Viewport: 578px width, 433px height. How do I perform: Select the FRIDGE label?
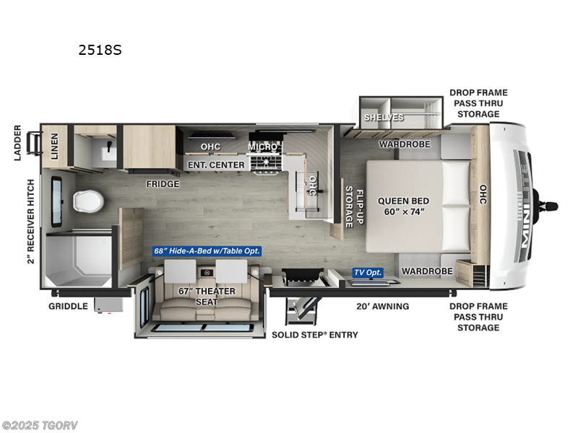point(163,183)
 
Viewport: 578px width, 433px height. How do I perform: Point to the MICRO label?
point(263,146)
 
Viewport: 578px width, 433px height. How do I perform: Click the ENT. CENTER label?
point(216,165)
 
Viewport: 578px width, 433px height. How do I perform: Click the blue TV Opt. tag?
point(368,272)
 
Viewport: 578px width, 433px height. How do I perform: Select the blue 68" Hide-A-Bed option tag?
point(206,251)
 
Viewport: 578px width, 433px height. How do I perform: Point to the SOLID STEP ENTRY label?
point(314,335)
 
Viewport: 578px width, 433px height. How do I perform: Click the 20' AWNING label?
point(382,306)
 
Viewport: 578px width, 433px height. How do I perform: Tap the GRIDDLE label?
point(68,306)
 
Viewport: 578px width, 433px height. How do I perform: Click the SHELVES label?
point(384,117)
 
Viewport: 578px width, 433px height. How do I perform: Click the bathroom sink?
point(105,152)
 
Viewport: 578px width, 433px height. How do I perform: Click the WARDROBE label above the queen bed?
point(405,144)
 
